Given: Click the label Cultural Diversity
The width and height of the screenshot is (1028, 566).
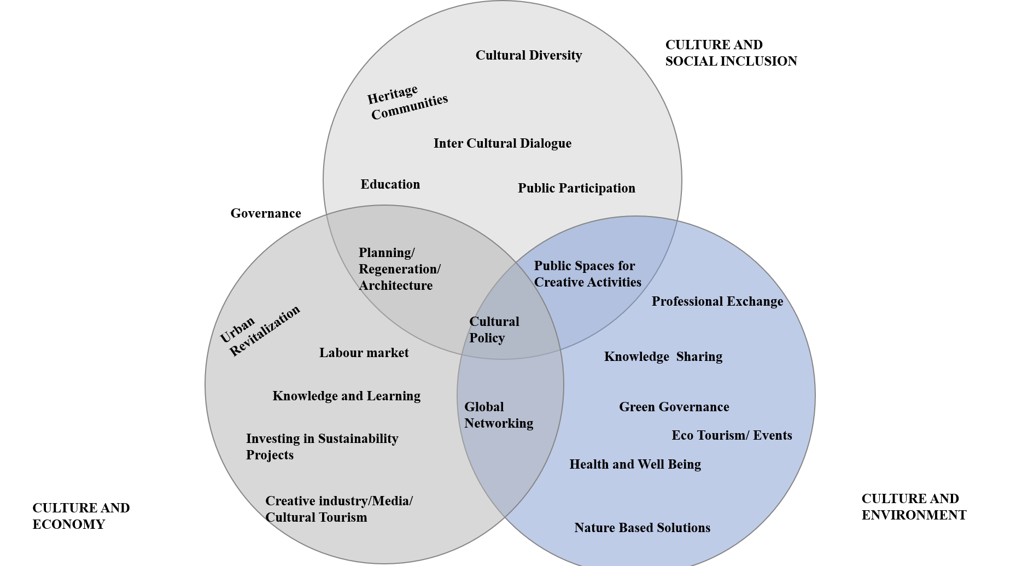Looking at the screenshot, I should click(x=528, y=55).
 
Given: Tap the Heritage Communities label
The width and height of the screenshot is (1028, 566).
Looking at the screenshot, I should click(x=407, y=102).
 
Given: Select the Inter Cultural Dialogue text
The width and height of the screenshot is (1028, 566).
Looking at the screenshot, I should click(x=502, y=143).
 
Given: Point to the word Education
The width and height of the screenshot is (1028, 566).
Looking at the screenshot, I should click(x=390, y=184).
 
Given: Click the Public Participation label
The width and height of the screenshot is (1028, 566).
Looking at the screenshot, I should click(x=576, y=188).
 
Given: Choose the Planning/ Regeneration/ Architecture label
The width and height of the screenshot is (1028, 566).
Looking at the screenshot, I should click(x=399, y=269).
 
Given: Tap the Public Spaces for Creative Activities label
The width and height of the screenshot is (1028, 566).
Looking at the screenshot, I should click(x=587, y=274).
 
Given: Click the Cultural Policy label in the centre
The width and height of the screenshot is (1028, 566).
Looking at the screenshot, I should click(x=494, y=330).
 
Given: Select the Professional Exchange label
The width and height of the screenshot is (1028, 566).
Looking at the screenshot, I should click(x=717, y=301).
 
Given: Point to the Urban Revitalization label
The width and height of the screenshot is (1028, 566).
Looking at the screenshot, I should click(x=260, y=330).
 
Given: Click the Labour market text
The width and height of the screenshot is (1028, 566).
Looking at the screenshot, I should click(x=364, y=353).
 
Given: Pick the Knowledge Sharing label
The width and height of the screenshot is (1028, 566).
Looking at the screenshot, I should click(x=663, y=357).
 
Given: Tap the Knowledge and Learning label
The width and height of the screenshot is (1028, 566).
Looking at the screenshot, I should click(x=346, y=396).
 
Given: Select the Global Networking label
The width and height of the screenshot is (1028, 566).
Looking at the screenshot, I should click(x=498, y=415).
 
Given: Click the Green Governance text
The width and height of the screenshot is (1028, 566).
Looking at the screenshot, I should click(x=674, y=407).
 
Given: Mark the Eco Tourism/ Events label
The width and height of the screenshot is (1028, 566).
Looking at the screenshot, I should click(x=732, y=435).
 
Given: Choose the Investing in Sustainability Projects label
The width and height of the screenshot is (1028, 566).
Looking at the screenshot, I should click(x=322, y=446).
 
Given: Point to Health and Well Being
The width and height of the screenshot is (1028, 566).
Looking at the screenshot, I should click(x=635, y=464).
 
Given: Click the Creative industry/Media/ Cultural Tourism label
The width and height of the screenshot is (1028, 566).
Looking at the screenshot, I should click(x=338, y=509).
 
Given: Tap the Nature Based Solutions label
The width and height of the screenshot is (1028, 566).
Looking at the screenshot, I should click(x=642, y=528).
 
